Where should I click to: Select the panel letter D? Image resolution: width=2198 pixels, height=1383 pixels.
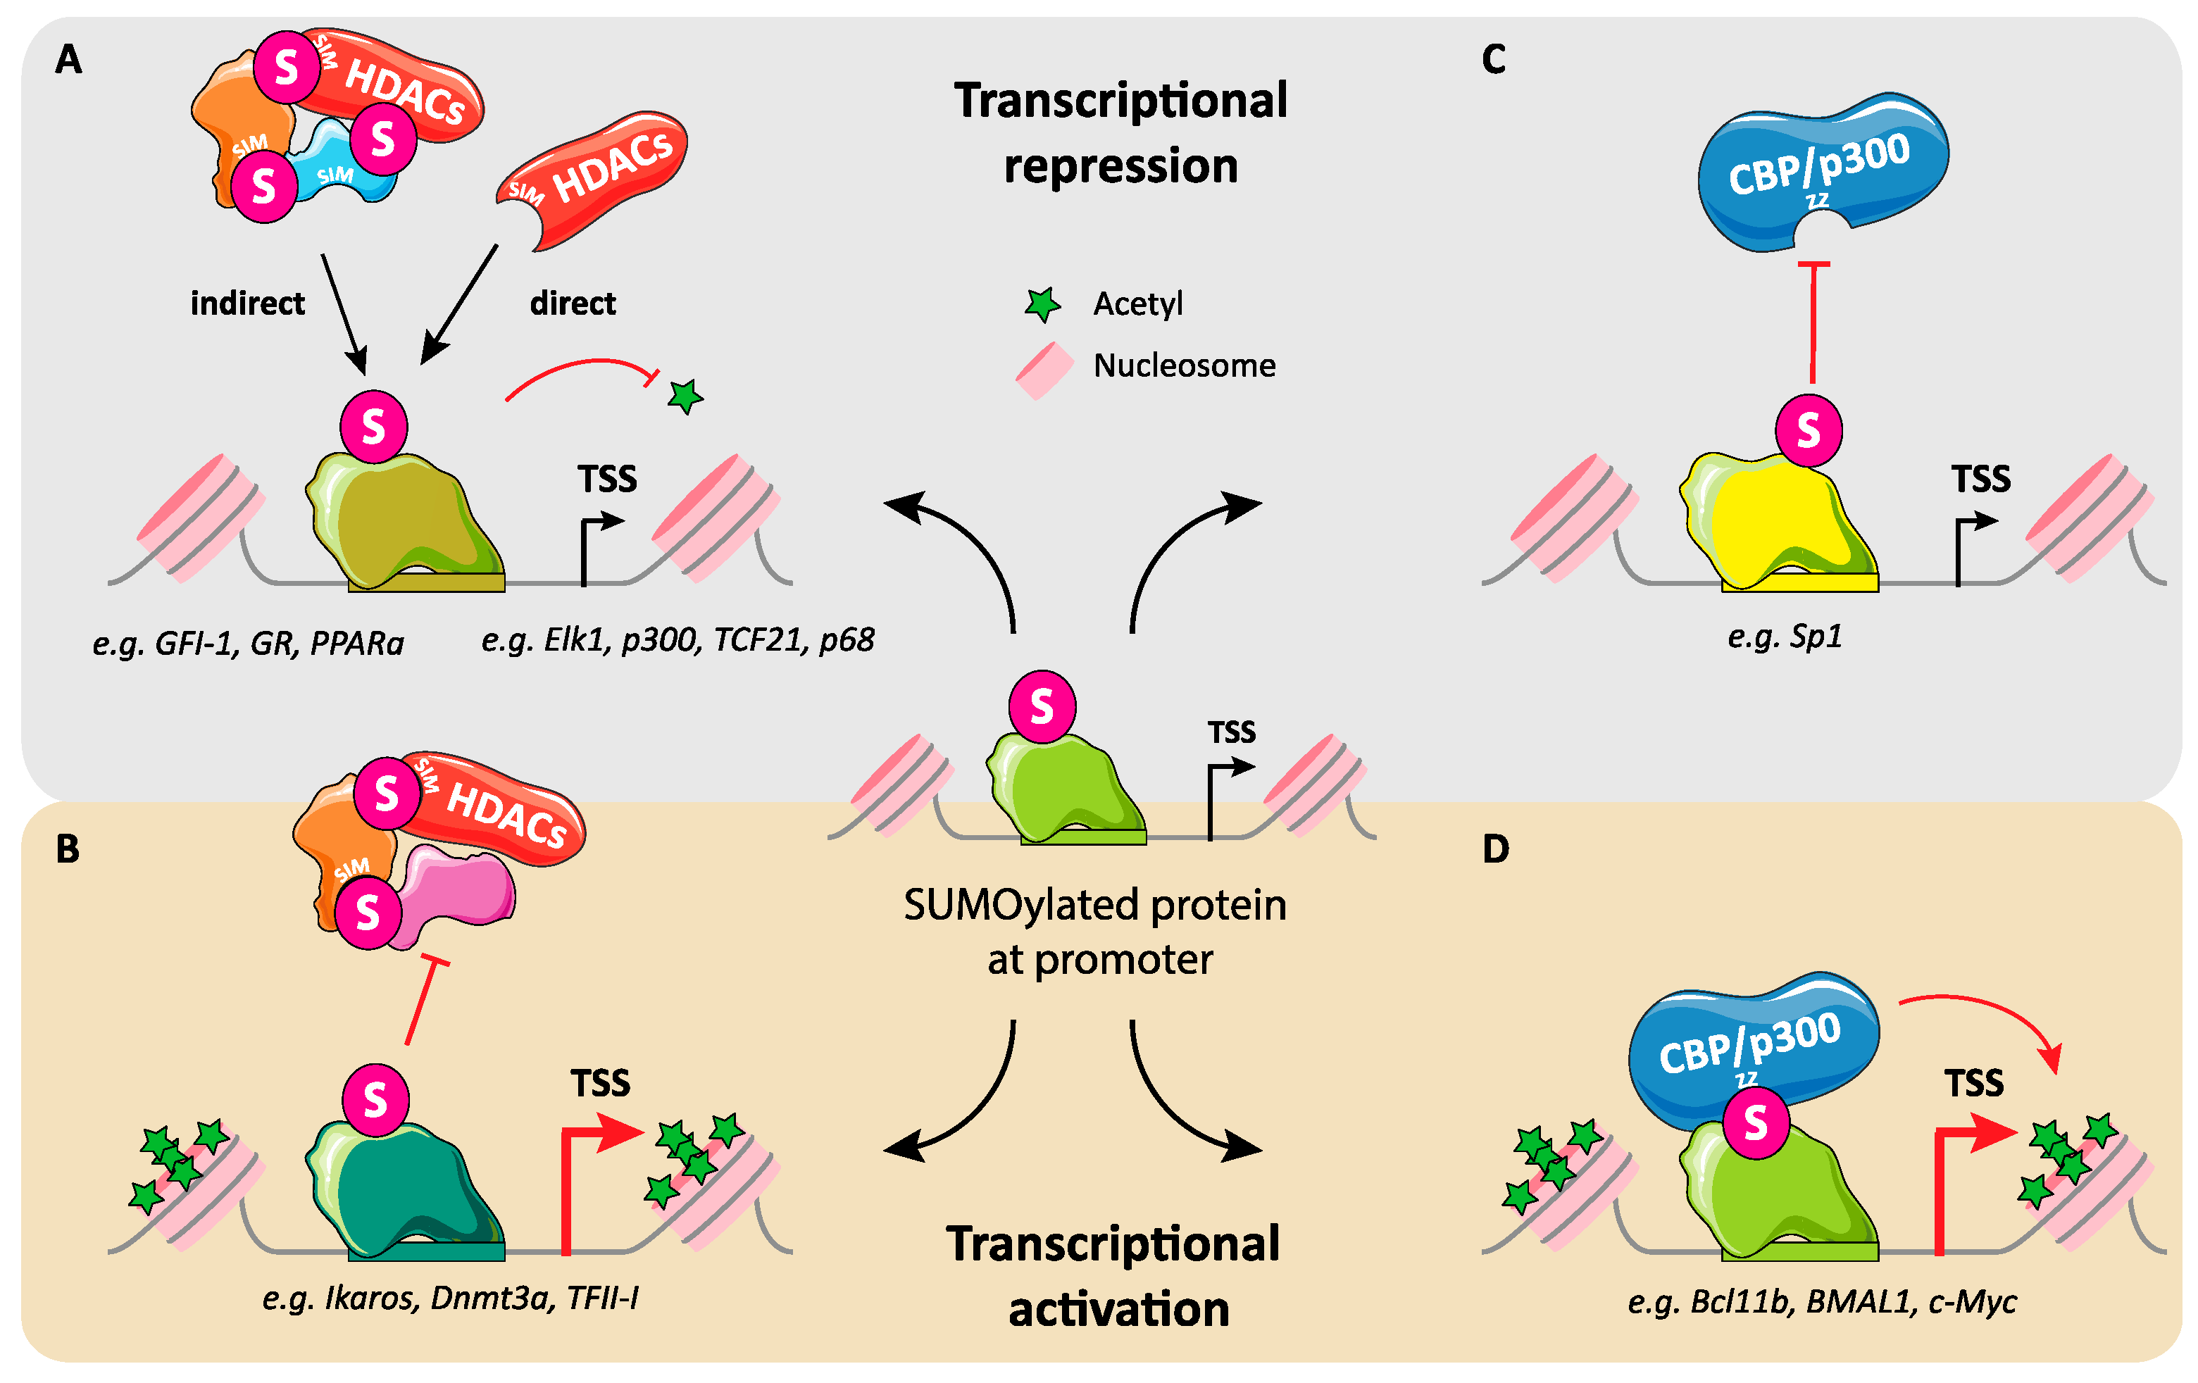click(1495, 849)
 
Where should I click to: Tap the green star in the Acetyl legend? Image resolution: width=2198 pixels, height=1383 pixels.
click(1042, 305)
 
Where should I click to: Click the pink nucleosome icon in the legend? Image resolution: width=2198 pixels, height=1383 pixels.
click(1044, 370)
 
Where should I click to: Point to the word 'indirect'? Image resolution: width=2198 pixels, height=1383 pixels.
click(247, 303)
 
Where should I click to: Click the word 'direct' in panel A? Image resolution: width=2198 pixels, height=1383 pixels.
click(573, 303)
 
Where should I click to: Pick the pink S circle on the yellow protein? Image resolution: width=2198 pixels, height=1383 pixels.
click(1809, 431)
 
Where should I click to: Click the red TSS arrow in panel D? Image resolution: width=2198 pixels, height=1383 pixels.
click(1963, 1177)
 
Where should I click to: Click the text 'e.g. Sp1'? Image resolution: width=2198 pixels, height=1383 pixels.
click(1785, 637)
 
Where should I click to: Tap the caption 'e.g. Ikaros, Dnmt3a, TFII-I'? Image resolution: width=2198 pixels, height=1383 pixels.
click(450, 1297)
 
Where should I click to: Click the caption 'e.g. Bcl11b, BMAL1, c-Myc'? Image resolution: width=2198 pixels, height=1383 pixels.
click(1822, 1301)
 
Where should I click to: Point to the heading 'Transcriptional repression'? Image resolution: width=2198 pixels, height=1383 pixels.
click(1121, 133)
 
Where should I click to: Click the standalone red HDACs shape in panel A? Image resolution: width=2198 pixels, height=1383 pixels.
click(592, 179)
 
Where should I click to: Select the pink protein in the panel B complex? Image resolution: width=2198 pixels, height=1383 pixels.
click(456, 894)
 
